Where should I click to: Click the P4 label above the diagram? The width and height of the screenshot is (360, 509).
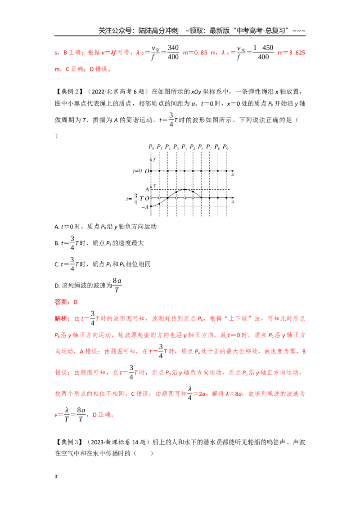click(184, 147)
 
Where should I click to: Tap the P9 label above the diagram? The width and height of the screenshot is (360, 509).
click(225, 147)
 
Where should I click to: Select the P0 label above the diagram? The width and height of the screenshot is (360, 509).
click(151, 147)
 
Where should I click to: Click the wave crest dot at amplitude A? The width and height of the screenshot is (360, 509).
click(184, 190)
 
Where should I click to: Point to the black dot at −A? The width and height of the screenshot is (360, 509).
click(151, 206)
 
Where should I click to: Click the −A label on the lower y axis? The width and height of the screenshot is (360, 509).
click(145, 207)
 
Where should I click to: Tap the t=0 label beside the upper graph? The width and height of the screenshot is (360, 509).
click(137, 171)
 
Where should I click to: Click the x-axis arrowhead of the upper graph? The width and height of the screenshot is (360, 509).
click(233, 171)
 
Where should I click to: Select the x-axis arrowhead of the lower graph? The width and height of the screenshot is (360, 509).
click(233, 198)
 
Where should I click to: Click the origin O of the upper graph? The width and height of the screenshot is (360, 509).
click(147, 171)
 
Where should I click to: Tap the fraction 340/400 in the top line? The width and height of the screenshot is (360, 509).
click(173, 52)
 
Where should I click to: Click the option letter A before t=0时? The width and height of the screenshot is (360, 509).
click(57, 227)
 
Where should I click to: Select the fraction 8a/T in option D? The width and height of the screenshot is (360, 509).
click(117, 285)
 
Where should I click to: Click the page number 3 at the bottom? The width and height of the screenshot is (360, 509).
click(56, 477)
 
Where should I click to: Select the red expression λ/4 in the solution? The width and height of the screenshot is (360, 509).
click(190, 393)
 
